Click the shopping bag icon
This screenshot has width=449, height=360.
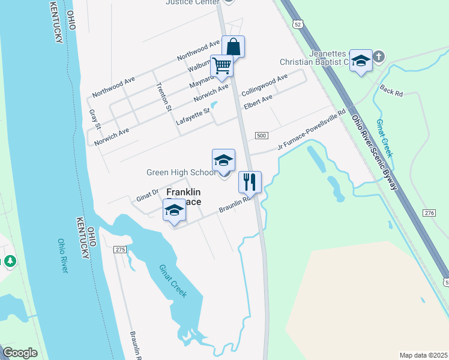point(233,47)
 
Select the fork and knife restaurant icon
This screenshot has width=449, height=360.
point(250,181)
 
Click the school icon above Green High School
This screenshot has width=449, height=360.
point(223,160)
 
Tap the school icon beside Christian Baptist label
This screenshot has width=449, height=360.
point(361,61)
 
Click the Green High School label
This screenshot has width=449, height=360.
point(181,173)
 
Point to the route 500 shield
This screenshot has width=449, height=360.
point(261,136)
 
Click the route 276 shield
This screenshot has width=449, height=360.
point(429,214)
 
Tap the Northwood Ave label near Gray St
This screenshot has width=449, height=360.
point(114,87)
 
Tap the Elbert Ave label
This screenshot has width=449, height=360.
point(258,101)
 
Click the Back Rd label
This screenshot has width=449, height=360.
point(391,90)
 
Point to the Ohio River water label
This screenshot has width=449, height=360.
point(62,256)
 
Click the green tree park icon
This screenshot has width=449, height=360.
point(10,262)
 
